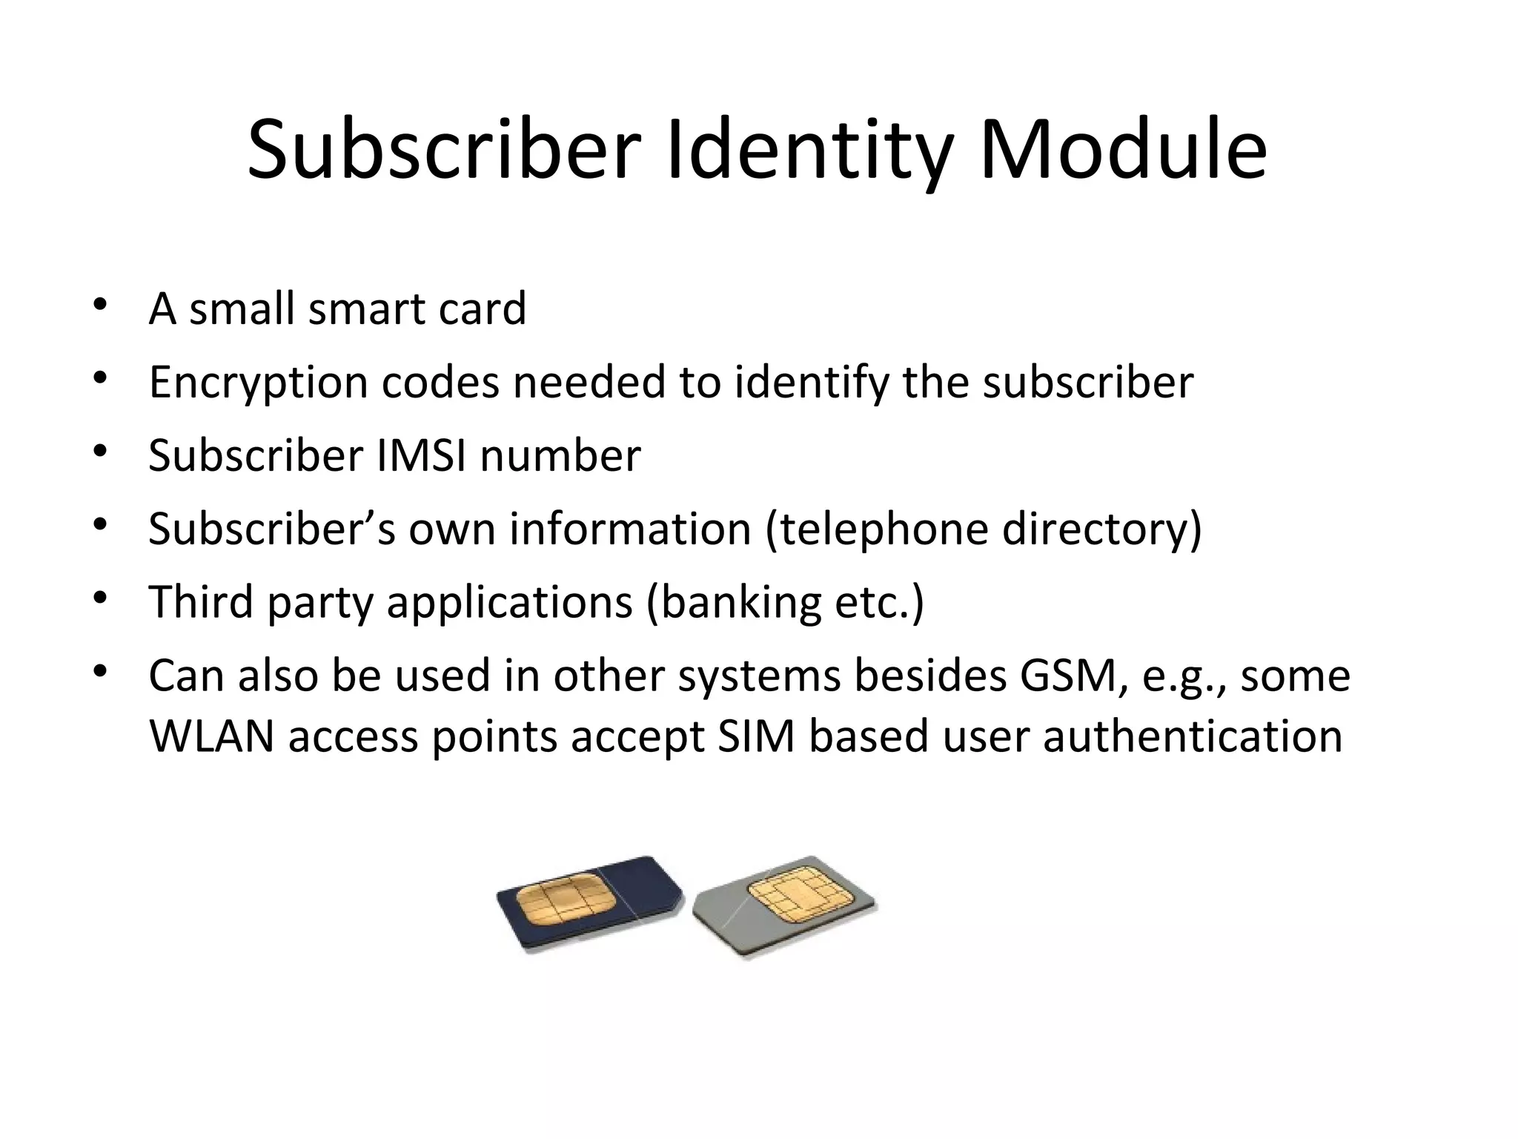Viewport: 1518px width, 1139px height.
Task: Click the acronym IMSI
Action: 421,455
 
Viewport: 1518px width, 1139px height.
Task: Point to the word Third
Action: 201,601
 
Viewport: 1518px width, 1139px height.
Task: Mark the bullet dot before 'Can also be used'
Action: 100,672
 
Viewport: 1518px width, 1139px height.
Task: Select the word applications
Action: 509,601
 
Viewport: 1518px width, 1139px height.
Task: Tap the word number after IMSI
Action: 560,455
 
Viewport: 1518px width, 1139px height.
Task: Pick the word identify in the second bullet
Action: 812,383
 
